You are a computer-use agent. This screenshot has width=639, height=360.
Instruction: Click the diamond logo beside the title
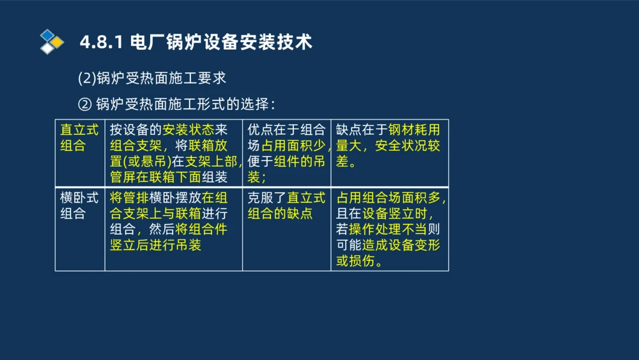point(52,42)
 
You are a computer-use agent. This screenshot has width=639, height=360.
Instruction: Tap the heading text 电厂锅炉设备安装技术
point(220,43)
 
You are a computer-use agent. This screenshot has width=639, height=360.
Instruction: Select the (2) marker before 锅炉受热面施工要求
point(86,79)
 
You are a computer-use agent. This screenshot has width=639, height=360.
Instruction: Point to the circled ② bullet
point(85,104)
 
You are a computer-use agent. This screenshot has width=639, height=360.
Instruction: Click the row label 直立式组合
point(79,137)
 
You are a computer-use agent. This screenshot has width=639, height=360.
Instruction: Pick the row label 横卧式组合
point(79,205)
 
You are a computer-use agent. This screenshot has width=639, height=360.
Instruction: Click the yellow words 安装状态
point(184,130)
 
